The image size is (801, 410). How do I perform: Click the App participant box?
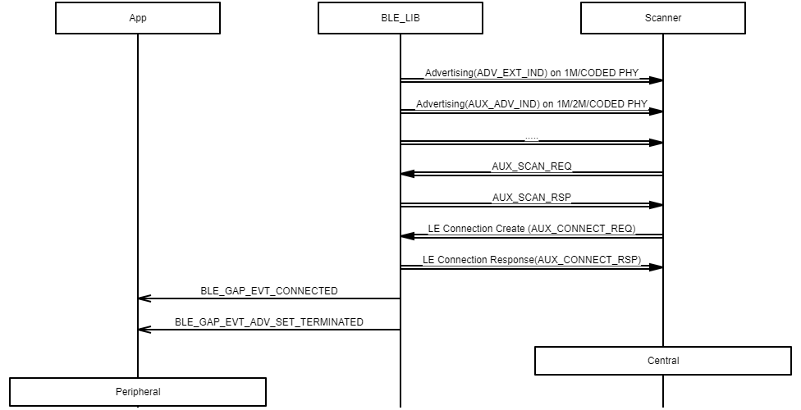[138, 18]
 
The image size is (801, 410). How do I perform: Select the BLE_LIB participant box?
[400, 18]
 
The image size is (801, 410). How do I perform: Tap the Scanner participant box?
[663, 18]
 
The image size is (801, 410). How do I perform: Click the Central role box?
[663, 361]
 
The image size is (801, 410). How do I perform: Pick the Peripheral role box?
[138, 392]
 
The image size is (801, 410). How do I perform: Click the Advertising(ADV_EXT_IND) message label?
[532, 73]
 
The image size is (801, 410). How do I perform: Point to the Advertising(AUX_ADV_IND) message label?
[532, 104]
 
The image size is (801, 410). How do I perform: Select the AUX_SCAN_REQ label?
[532, 166]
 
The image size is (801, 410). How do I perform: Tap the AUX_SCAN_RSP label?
[532, 198]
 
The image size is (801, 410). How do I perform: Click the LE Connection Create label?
[532, 229]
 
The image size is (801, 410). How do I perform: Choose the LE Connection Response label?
[532, 260]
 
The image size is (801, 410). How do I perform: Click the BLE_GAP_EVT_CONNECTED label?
[269, 291]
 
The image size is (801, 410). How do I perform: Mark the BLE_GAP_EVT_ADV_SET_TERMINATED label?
[269, 322]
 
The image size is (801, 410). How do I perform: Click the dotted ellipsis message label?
[532, 138]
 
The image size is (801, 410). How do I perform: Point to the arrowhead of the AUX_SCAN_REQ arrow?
[408, 174]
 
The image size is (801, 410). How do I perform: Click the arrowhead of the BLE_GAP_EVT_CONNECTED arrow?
[144, 298]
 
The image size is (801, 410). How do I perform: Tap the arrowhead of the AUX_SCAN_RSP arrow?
[656, 205]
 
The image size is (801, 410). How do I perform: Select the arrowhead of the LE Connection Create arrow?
[408, 236]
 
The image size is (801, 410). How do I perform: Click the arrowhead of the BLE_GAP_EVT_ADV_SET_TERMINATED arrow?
[144, 330]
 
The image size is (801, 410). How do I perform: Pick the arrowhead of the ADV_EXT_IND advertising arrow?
[656, 80]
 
